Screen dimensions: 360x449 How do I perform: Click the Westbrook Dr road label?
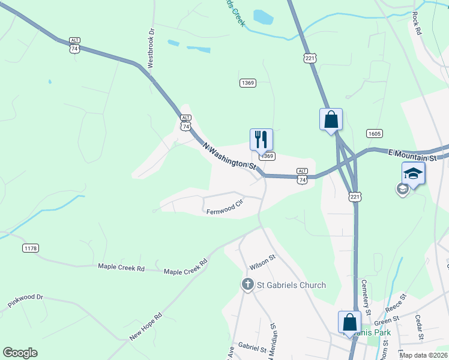click(151, 47)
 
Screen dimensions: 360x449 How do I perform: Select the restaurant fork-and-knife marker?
click(261, 139)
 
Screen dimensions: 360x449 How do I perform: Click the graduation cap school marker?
click(413, 173)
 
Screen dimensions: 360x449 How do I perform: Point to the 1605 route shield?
click(373, 133)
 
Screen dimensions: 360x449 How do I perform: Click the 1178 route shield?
click(30, 248)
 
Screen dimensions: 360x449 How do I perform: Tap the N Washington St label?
click(230, 155)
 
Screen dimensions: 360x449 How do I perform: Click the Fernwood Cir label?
click(224, 211)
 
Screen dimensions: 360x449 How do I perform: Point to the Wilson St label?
click(262, 262)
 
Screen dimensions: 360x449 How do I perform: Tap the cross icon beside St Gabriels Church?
click(247, 284)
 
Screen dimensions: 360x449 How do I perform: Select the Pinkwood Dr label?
click(26, 301)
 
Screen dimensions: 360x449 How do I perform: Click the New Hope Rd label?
click(145, 326)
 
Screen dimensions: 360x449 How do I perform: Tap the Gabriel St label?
click(252, 347)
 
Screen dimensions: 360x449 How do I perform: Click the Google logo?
click(20, 353)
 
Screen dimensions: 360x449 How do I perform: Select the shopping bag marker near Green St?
click(349, 322)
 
